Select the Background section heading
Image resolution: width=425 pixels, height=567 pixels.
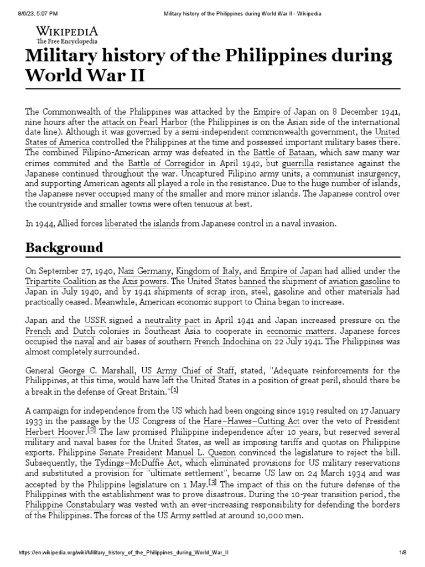point(64,248)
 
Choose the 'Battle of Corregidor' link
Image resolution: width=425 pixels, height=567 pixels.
point(167,163)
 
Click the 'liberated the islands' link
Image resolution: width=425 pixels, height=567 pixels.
point(142,224)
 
